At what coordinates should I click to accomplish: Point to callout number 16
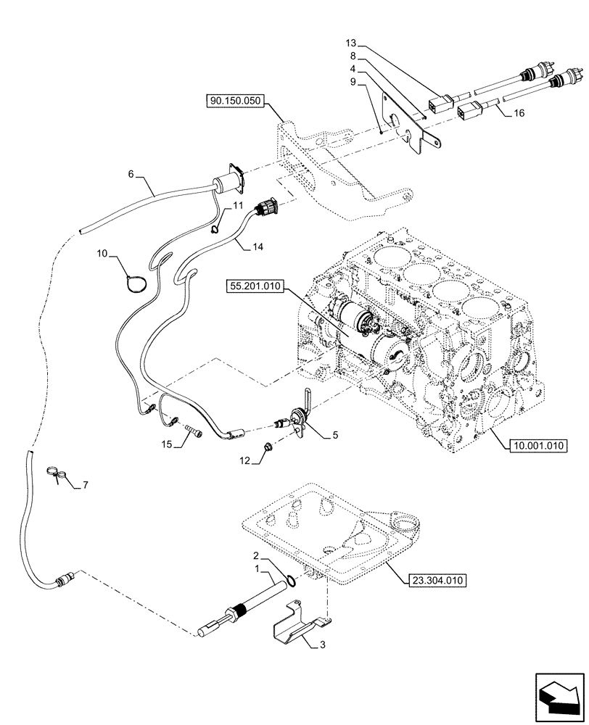point(519,114)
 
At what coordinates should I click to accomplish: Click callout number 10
point(102,254)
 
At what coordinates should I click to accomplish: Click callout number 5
point(335,436)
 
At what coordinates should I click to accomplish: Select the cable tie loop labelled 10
point(135,281)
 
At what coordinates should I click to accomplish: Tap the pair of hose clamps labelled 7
point(57,473)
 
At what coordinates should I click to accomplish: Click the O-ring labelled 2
point(290,579)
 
